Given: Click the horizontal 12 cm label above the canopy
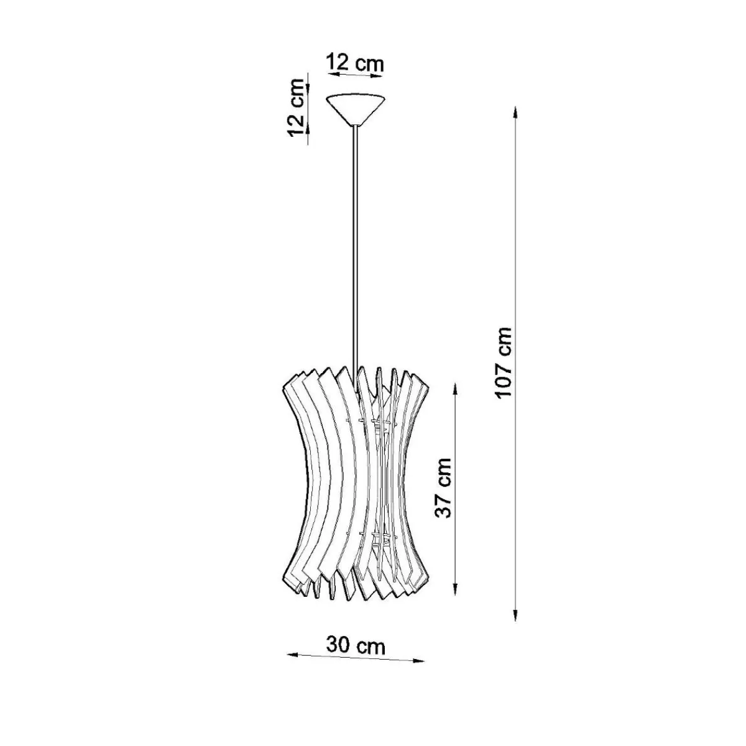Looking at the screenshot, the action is click(x=354, y=63).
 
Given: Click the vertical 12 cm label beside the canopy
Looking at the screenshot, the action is click(x=297, y=107).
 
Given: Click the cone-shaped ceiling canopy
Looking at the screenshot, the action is click(x=356, y=109).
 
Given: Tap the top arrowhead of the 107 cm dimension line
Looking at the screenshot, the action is click(x=515, y=113).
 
